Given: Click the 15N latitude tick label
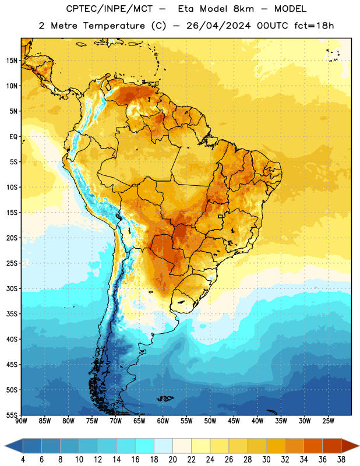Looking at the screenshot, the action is [12, 61].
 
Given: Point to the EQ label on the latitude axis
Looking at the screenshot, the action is [13, 137].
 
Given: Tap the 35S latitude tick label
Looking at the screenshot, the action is [12, 314].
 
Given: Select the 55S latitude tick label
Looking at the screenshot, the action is [12, 415].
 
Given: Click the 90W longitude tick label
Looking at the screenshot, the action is [21, 421].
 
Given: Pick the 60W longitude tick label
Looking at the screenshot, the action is [163, 421].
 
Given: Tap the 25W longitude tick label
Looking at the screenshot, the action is [328, 421].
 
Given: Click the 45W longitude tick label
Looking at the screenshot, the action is [234, 421].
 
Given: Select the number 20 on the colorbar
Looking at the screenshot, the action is [172, 460].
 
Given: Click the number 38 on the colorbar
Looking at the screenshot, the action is [341, 460].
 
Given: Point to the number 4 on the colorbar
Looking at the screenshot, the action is [23, 460].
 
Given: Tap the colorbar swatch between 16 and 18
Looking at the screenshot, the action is [145, 446].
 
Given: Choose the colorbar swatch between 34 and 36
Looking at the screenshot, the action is [313, 446].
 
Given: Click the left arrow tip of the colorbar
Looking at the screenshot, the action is [5, 446].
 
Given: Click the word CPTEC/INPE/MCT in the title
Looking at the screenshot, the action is [110, 9].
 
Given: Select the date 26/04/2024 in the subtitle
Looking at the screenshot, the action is [218, 26].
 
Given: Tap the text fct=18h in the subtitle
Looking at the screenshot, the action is [314, 26].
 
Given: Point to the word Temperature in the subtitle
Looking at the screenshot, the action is [114, 26].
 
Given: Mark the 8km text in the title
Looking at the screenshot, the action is [243, 9].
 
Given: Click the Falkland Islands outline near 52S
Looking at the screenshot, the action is [165, 398].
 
